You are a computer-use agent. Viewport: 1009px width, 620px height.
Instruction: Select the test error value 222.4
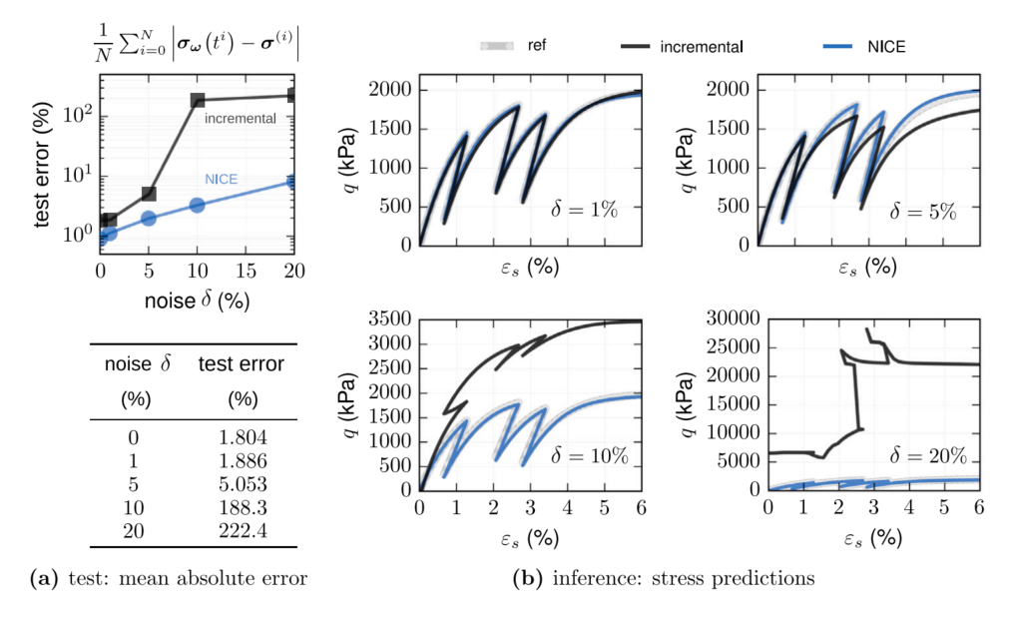click(242, 530)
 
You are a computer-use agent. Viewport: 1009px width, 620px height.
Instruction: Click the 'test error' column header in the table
click(242, 365)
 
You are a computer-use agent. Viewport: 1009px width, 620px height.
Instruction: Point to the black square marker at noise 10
click(198, 100)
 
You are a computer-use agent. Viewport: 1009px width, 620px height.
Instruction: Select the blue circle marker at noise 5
click(149, 219)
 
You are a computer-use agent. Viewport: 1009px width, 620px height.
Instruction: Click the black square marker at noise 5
click(149, 194)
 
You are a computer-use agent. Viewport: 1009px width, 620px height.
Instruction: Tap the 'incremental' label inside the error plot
click(242, 118)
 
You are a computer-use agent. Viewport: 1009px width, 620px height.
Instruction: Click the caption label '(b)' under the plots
click(527, 577)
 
